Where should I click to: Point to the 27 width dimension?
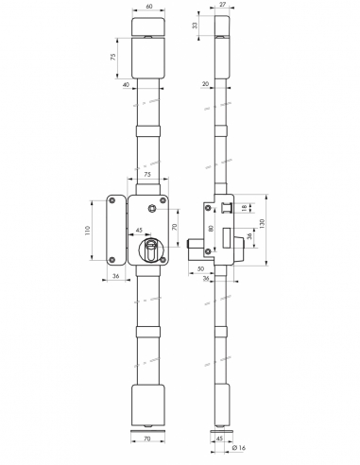[219, 7]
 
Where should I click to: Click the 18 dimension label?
[244, 209]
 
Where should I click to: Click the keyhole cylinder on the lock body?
[148, 250]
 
